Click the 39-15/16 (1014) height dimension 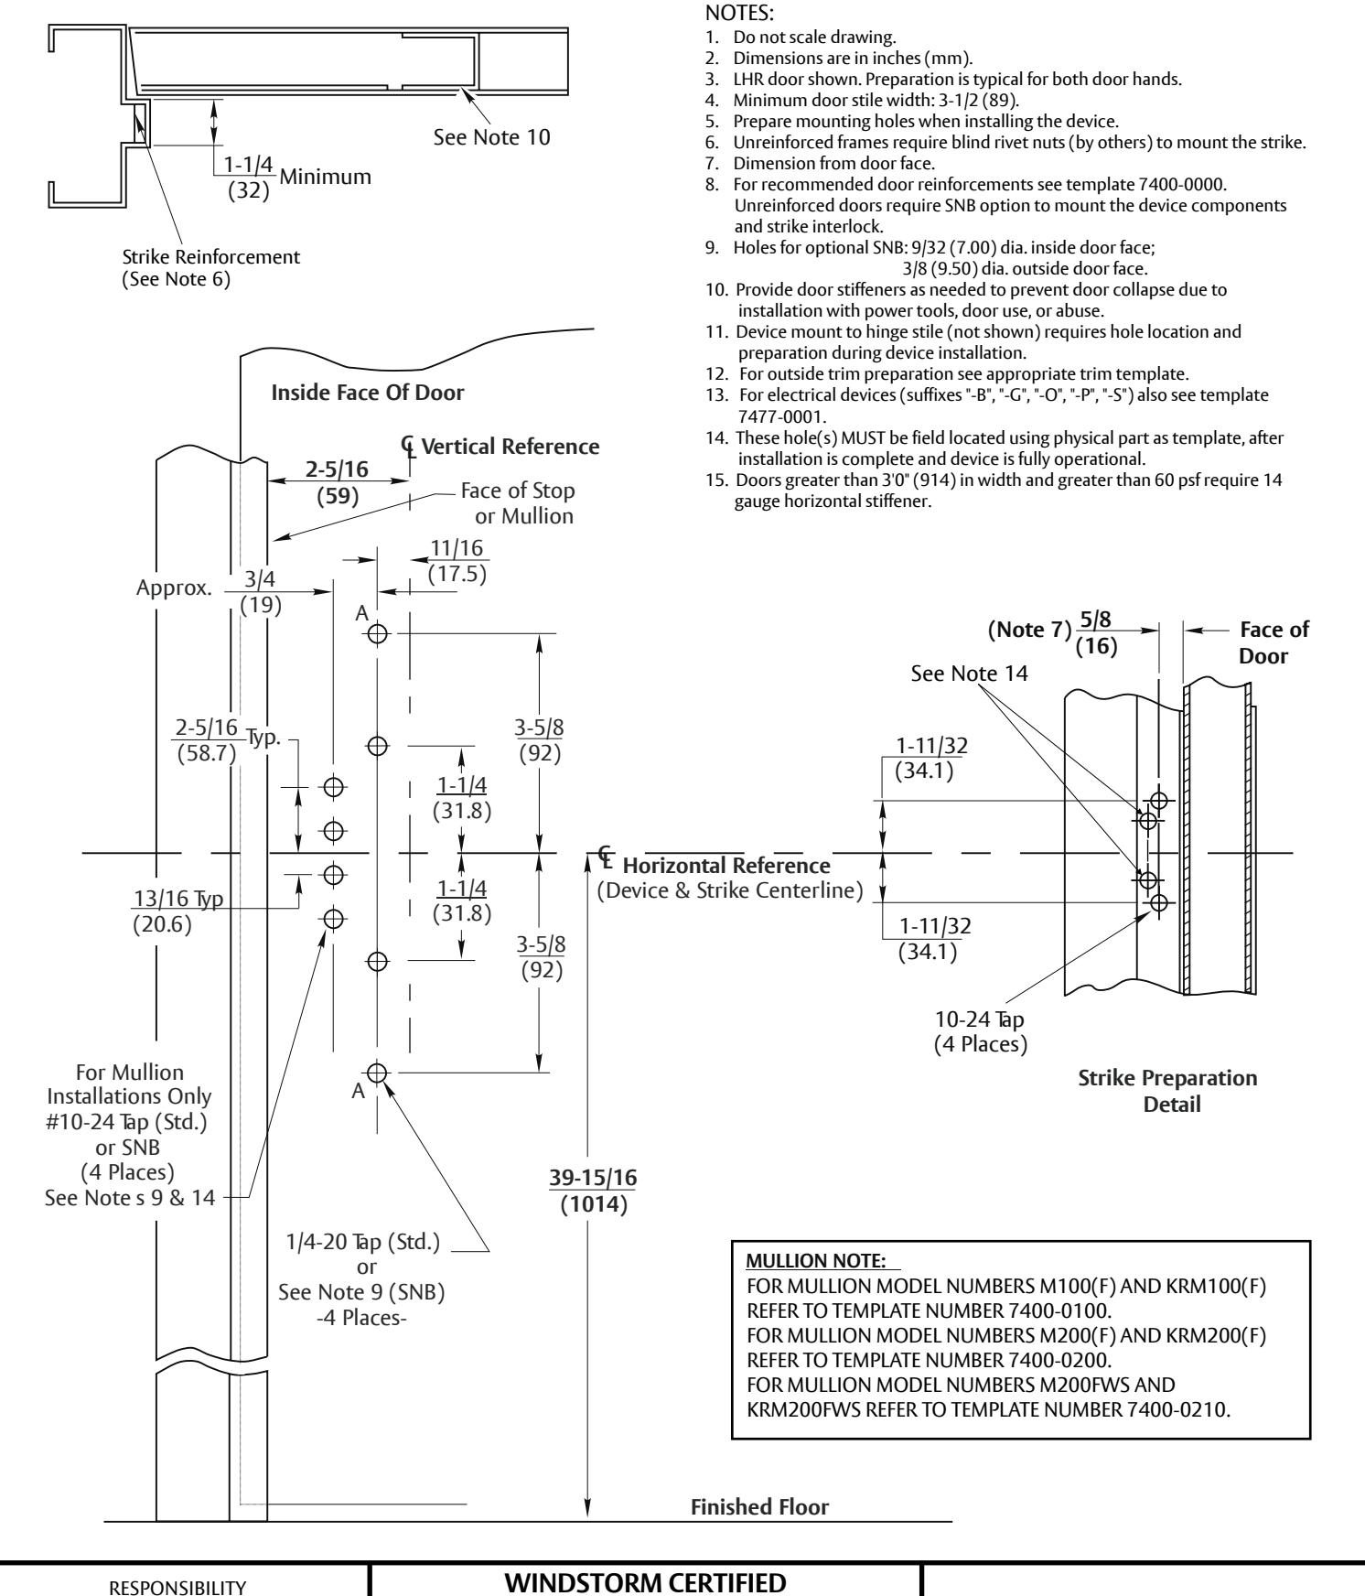click(x=594, y=1192)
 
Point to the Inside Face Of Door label click(x=368, y=393)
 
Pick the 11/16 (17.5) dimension click(x=457, y=561)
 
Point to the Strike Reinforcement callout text click(x=211, y=268)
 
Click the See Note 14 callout click(x=970, y=674)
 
